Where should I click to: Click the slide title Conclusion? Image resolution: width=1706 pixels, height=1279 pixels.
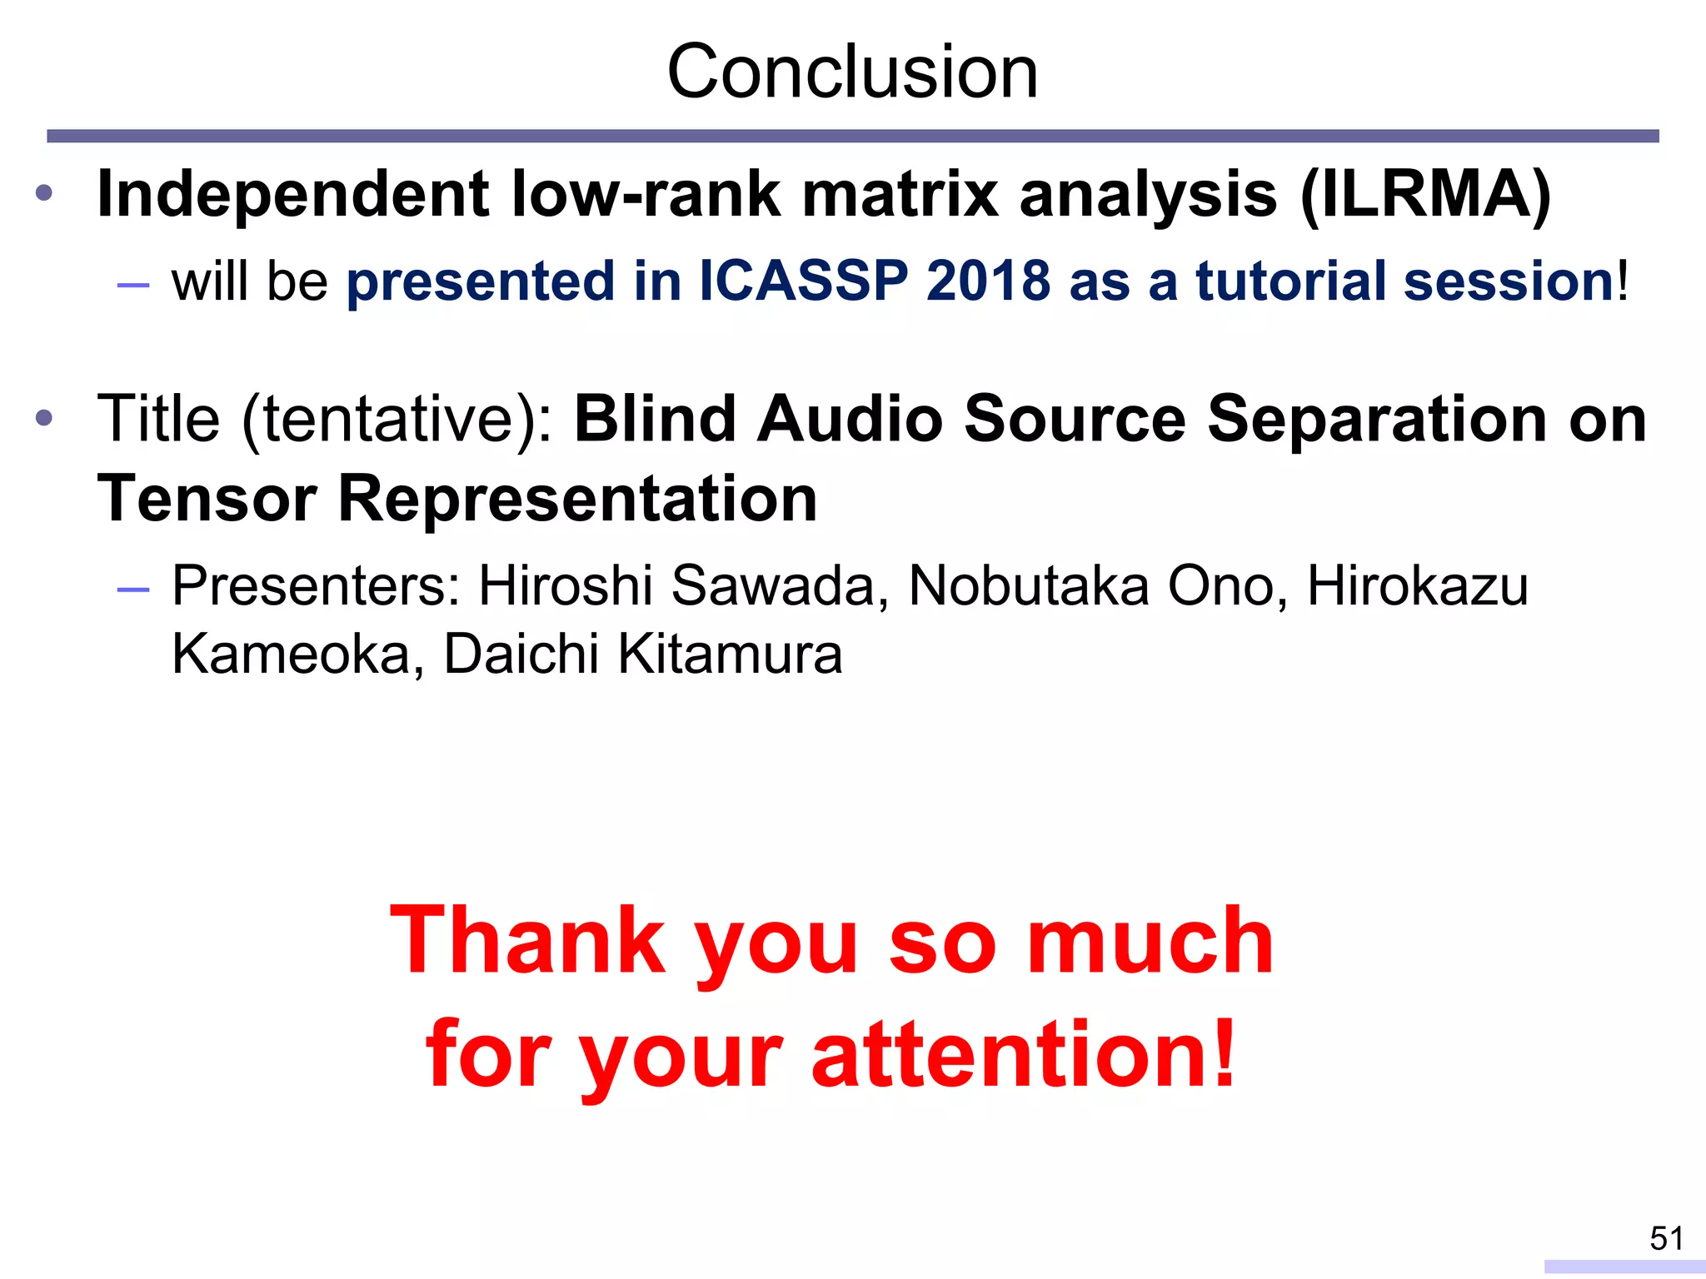point(852,72)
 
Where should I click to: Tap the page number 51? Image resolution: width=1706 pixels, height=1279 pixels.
point(1666,1238)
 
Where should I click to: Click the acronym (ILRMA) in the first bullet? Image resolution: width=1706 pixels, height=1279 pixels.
point(1424,195)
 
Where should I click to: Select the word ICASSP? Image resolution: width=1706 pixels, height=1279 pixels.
point(803,281)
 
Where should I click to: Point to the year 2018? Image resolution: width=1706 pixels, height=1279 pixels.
point(988,281)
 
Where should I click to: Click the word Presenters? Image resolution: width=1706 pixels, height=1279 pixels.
point(316,586)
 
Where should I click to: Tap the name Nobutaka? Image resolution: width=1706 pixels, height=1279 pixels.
point(1028,586)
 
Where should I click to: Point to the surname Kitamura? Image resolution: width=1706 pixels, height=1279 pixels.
point(730,654)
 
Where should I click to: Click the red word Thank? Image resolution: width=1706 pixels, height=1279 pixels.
point(527,941)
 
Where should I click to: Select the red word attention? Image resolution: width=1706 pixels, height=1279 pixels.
point(1023,1054)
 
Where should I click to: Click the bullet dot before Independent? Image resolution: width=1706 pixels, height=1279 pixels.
point(44,194)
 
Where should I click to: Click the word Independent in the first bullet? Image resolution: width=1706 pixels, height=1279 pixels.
point(292,195)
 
